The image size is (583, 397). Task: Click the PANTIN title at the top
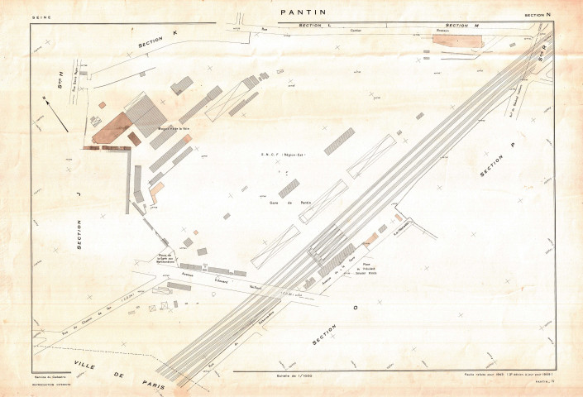[303, 12]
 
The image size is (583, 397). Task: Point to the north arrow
[56, 112]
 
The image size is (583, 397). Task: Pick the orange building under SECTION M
[456, 36]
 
